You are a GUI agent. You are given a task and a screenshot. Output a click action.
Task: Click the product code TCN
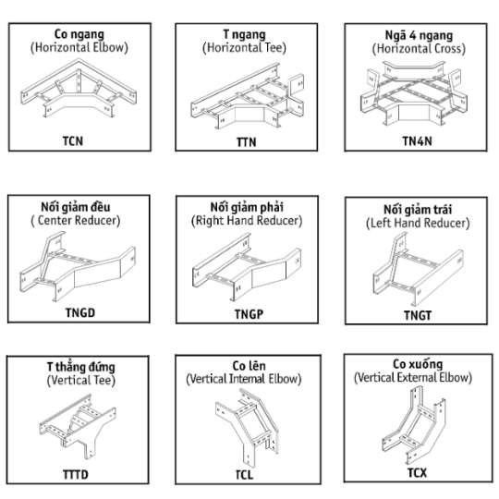click(x=73, y=141)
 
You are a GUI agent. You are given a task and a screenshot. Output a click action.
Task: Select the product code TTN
click(x=247, y=142)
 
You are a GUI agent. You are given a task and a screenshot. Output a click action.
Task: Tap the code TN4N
click(x=417, y=141)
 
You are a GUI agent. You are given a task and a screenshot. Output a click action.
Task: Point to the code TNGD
click(x=80, y=313)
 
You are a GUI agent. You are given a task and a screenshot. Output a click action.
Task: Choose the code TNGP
click(x=249, y=314)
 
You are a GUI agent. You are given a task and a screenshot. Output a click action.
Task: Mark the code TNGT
click(x=418, y=316)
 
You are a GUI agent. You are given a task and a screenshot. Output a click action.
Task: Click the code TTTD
click(x=76, y=474)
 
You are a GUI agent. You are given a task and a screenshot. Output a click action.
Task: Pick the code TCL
click(x=244, y=475)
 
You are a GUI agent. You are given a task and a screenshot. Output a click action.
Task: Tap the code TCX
click(x=417, y=473)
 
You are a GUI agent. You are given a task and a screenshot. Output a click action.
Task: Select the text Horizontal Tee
click(x=244, y=48)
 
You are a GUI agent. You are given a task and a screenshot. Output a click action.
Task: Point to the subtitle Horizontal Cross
click(x=419, y=49)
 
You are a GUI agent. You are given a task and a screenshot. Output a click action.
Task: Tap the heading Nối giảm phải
click(x=247, y=208)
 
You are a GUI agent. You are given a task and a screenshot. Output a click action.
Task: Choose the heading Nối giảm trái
click(x=418, y=210)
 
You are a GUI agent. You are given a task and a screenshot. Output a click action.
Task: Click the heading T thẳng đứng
click(x=80, y=367)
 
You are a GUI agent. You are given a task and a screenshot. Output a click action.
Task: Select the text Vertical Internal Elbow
click(x=244, y=379)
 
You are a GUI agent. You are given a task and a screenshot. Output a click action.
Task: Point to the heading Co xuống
click(x=418, y=364)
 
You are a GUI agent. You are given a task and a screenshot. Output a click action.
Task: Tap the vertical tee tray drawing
click(x=78, y=426)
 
